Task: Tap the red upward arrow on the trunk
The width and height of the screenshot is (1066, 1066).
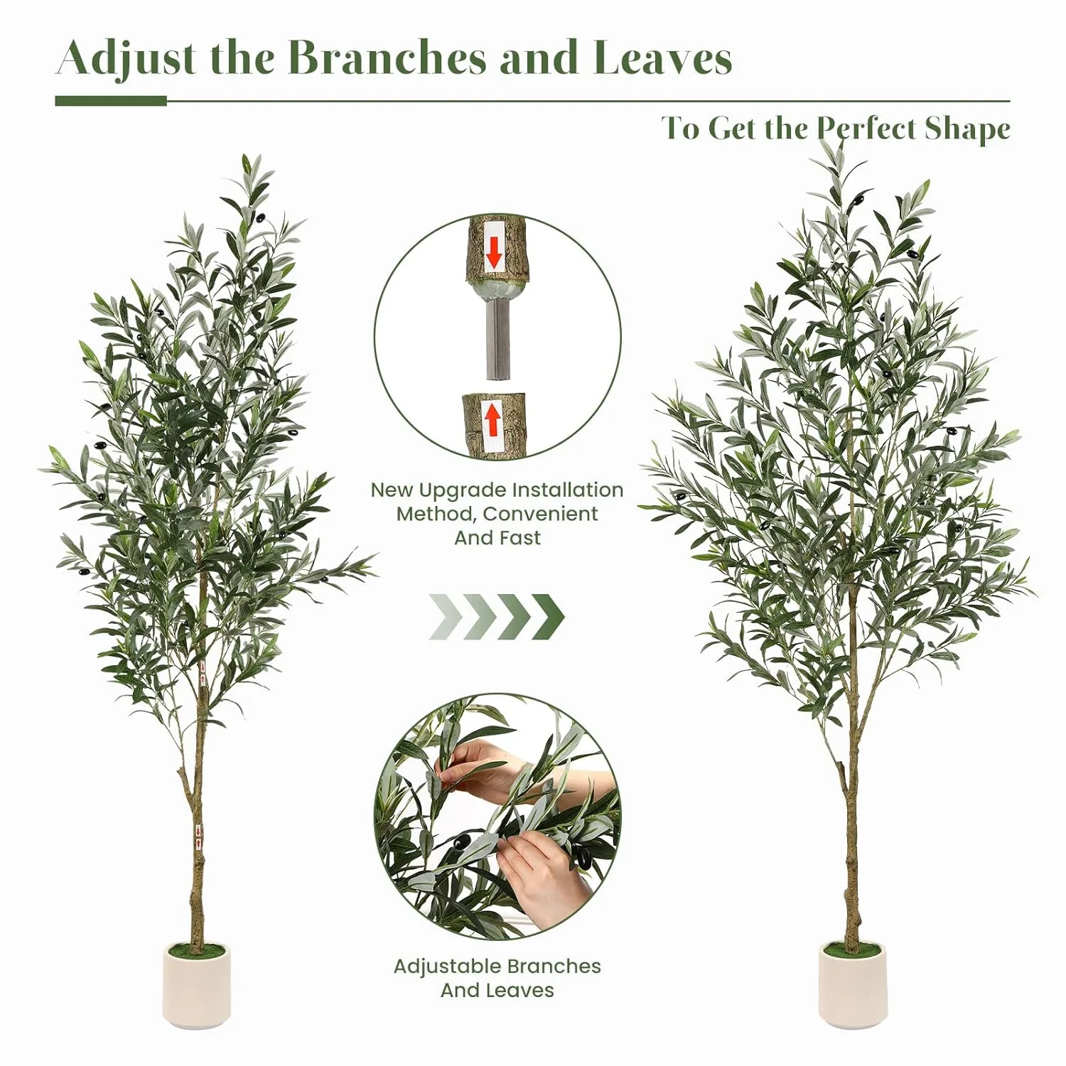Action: coord(492,419)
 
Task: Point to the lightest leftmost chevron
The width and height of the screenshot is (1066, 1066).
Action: coord(442,616)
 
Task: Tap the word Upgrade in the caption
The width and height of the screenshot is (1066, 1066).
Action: coord(463,490)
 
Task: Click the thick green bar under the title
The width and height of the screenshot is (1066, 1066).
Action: coord(111,101)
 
